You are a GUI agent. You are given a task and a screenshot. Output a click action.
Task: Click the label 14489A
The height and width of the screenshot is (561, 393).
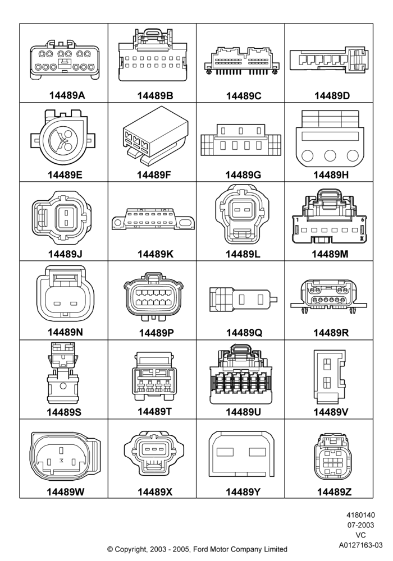click(x=67, y=95)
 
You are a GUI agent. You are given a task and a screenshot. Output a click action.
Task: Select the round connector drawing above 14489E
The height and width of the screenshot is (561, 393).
click(x=63, y=137)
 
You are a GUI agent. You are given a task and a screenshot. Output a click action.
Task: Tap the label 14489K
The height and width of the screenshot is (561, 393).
click(x=156, y=254)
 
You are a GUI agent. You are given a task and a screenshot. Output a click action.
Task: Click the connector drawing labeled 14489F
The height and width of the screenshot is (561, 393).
click(x=156, y=136)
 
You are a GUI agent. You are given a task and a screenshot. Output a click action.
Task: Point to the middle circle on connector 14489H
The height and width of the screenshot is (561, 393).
click(x=330, y=155)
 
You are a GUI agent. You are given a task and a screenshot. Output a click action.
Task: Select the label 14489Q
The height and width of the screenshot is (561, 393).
click(x=244, y=333)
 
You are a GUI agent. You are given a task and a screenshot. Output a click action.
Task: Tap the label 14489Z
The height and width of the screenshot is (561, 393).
click(x=334, y=492)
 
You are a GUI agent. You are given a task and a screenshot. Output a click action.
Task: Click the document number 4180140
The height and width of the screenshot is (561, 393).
click(x=361, y=515)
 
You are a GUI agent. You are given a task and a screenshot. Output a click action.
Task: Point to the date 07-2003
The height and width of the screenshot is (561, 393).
click(x=361, y=525)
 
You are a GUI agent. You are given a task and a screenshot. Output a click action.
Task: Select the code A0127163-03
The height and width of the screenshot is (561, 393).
click(x=361, y=545)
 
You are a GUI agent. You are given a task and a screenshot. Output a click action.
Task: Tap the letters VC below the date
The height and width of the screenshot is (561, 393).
click(x=361, y=535)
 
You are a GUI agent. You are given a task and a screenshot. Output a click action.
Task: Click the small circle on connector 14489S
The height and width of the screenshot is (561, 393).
click(x=63, y=386)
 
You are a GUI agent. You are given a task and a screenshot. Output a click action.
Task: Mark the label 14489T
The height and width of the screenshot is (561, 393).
click(x=154, y=411)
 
